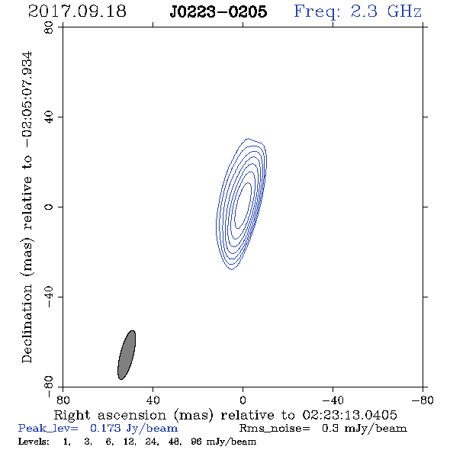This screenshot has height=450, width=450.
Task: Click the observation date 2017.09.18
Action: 77,11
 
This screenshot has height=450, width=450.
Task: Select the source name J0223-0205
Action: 218,11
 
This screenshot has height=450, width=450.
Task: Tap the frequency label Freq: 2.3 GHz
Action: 358,12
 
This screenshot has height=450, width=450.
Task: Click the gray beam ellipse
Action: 127,355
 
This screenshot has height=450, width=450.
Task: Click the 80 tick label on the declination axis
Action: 49,27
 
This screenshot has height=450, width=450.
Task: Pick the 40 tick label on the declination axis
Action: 49,117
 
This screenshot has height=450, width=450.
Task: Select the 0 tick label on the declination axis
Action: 49,207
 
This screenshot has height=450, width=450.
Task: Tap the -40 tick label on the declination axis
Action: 49,297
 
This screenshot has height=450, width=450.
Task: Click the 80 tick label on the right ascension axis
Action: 63,400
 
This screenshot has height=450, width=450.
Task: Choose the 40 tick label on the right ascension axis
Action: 153,400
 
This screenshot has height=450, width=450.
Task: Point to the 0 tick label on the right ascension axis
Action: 243,400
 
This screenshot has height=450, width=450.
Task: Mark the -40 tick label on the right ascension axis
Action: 333,400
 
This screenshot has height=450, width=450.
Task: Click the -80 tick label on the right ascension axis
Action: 423,400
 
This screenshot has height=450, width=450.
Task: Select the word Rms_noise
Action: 275,429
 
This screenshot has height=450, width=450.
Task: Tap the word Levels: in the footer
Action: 34,442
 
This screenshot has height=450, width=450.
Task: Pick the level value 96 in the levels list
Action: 196,442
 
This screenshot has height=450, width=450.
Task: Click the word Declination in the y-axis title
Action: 27,323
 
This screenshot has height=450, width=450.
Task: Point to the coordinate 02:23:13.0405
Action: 350,415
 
